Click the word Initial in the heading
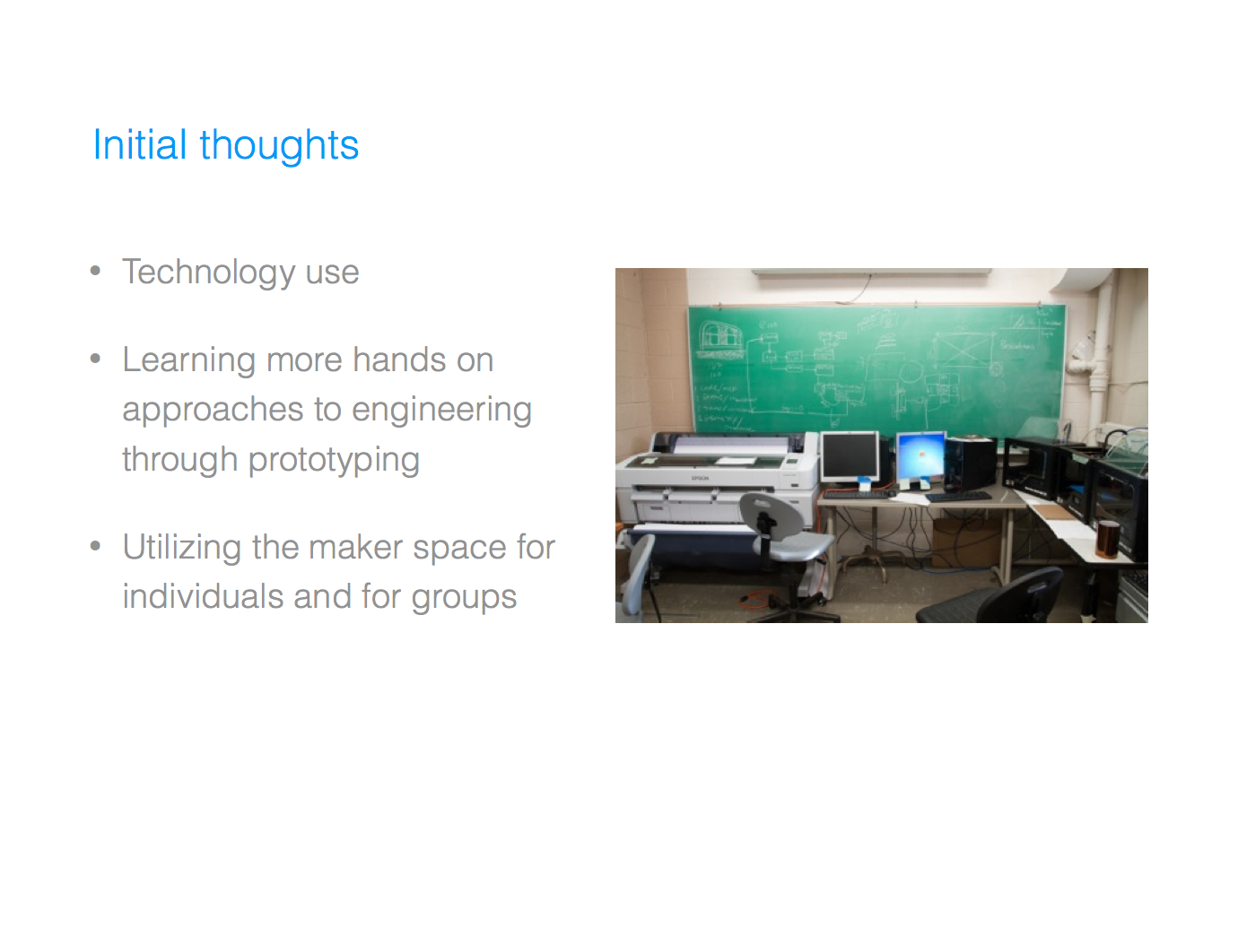tap(139, 145)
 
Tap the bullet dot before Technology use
tap(96, 271)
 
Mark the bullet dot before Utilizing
tap(96, 546)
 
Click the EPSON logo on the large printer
tap(700, 478)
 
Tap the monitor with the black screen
tap(850, 456)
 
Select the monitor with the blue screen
tap(920, 456)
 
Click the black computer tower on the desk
tap(971, 463)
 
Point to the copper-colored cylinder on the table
tap(1108, 538)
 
